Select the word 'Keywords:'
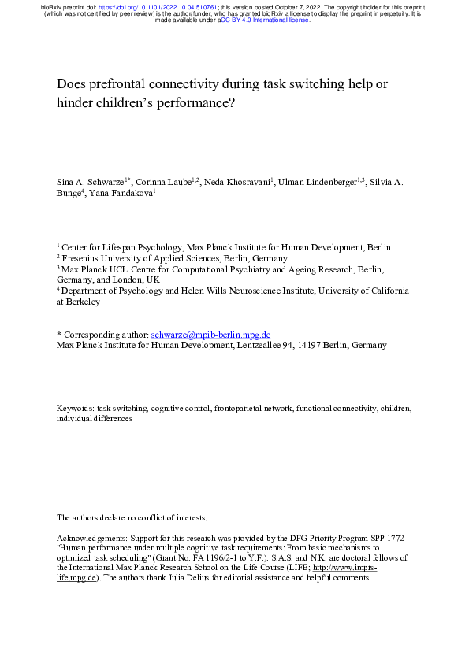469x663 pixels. [x=76, y=409]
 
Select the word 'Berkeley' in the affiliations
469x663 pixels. [x=83, y=302]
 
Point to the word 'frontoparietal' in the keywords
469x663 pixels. [x=238, y=409]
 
